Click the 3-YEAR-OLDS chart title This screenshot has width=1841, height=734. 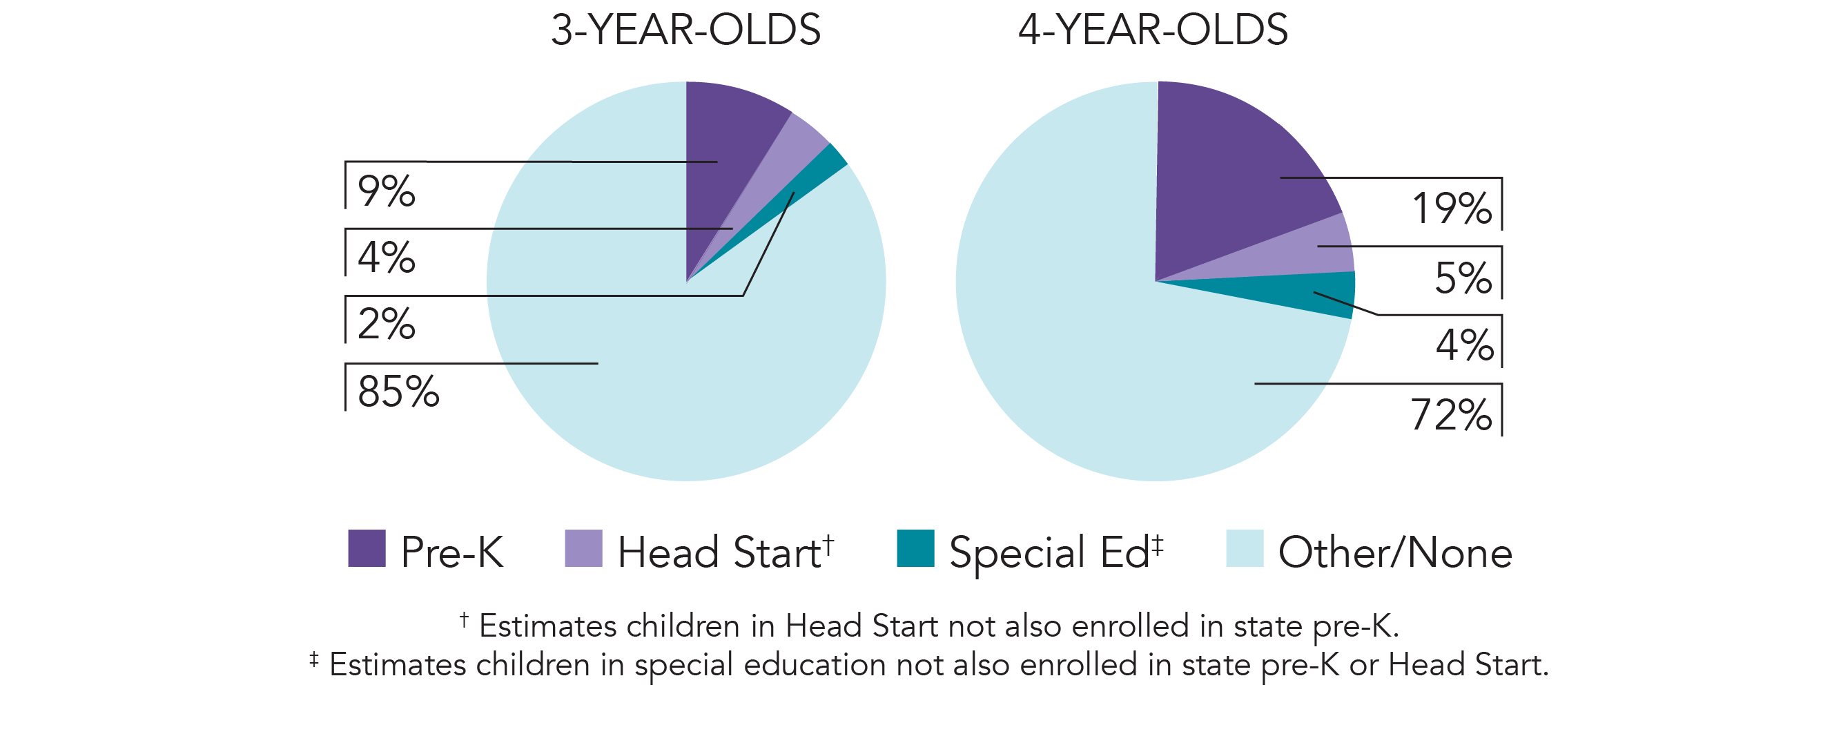click(685, 30)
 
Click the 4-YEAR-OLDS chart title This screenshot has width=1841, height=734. click(1153, 30)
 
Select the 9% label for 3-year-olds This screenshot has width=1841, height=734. click(386, 191)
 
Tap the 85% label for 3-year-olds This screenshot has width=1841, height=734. click(398, 392)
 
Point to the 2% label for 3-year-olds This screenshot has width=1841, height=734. click(386, 324)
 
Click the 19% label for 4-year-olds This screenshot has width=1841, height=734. click(1452, 209)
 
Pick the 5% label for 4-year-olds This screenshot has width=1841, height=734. click(1463, 278)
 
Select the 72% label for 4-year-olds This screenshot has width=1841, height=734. click(1451, 415)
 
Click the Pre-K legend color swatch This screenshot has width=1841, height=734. click(367, 548)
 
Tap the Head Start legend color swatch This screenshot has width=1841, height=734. click(583, 548)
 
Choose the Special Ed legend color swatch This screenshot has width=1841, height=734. click(915, 548)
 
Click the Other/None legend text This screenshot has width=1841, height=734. click(1394, 552)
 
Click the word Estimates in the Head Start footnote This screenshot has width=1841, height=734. click(547, 627)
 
